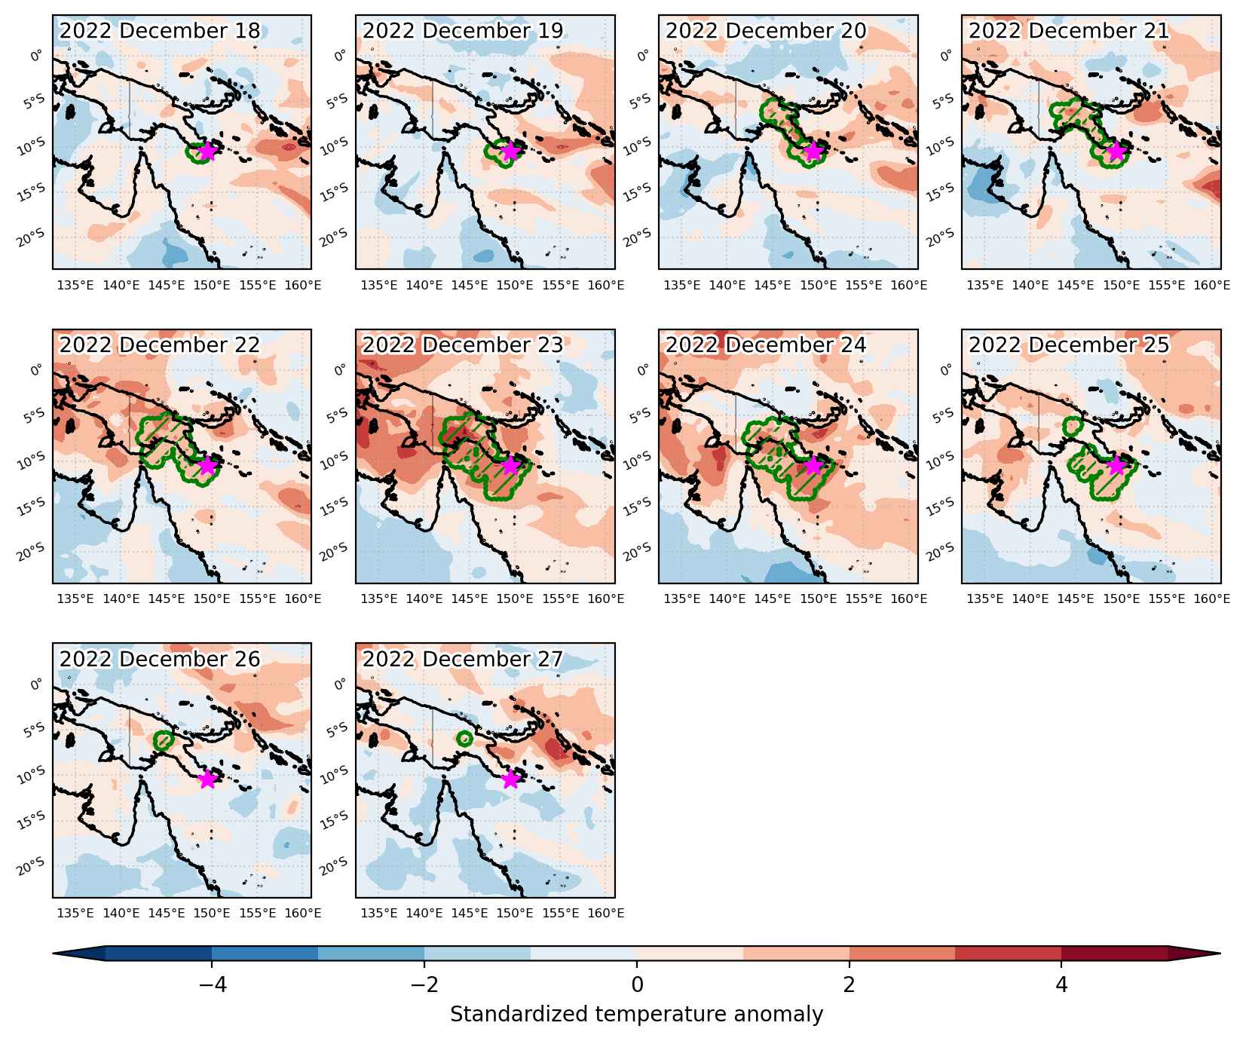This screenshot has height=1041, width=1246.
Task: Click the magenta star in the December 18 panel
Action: coord(207,152)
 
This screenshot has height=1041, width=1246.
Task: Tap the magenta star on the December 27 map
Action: coord(510,779)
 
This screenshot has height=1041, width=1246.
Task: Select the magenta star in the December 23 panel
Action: coord(510,465)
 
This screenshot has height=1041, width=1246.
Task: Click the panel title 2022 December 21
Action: coord(1069,31)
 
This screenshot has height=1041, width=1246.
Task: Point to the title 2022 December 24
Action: coord(766,345)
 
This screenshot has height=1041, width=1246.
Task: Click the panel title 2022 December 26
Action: coord(160,660)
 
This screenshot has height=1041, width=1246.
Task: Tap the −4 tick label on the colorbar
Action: coord(211,984)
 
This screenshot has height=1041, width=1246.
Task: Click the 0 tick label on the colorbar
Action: coord(637,984)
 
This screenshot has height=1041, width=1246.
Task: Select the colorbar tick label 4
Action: coord(1061,984)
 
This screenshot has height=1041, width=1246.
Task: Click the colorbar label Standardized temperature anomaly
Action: coord(637,1015)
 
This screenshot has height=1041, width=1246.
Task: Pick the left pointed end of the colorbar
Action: coord(54,954)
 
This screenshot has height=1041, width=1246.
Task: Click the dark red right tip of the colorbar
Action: coord(1219,954)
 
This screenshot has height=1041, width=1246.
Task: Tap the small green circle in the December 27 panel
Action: coord(464,739)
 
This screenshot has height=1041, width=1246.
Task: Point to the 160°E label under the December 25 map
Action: coord(1211,599)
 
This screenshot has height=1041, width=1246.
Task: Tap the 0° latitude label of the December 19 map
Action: coord(340,55)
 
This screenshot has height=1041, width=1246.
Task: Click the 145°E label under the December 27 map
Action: coord(470,914)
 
